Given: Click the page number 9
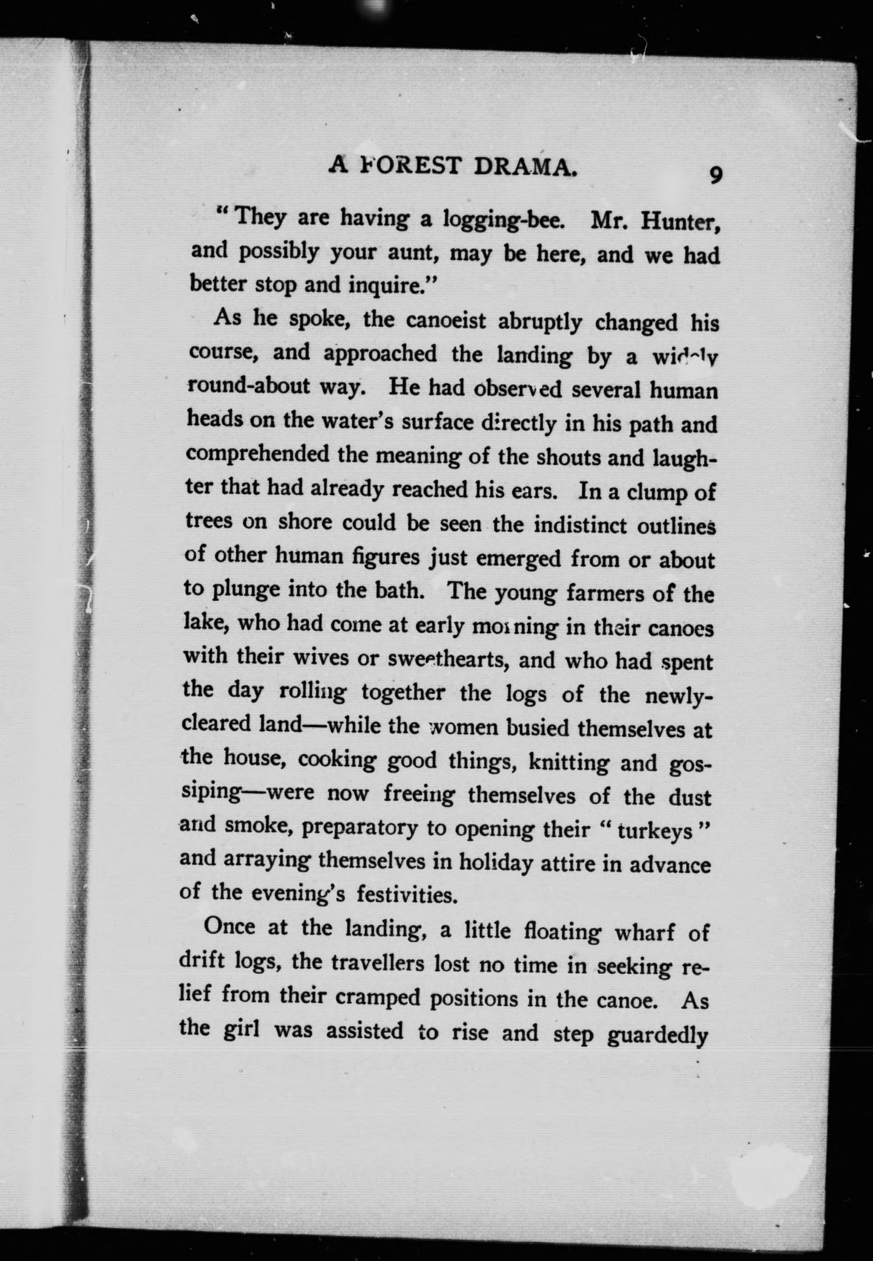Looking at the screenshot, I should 715,175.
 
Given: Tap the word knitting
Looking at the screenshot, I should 569,762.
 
